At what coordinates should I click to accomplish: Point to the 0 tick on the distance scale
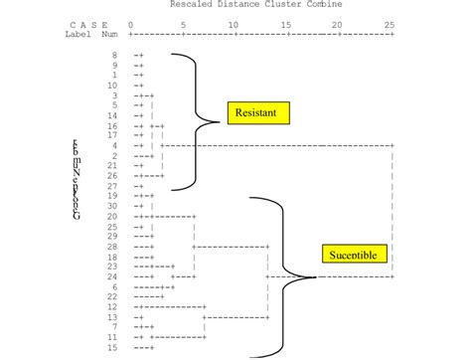[130, 24]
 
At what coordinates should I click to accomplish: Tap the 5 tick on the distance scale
[182, 24]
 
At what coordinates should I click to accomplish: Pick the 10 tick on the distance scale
[233, 24]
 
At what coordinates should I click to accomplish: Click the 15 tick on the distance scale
[286, 24]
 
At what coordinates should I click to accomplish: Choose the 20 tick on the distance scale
[338, 24]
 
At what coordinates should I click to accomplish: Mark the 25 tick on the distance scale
[391, 24]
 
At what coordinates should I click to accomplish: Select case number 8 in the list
[114, 55]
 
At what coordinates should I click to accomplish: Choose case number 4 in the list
[114, 145]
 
